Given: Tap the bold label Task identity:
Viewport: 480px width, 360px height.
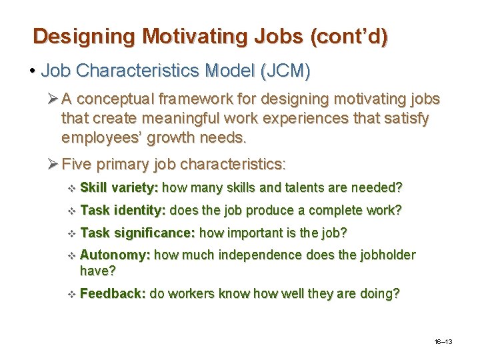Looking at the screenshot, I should (x=123, y=211).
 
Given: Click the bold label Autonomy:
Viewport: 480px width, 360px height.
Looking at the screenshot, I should (x=115, y=255).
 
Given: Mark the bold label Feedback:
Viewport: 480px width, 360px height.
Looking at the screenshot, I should (x=113, y=293).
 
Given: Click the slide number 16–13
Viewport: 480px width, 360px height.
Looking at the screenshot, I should (x=443, y=342).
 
